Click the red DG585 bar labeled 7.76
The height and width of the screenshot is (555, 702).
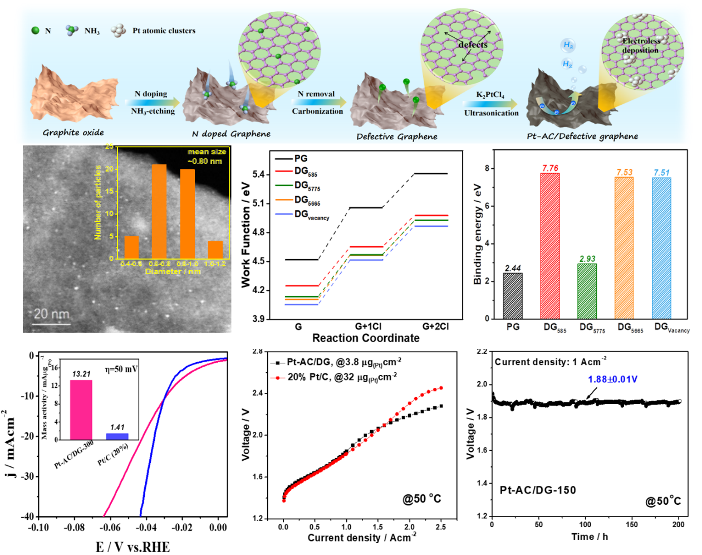tap(550, 245)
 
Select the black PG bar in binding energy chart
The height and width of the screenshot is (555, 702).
tap(513, 295)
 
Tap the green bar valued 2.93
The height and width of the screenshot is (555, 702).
tap(587, 291)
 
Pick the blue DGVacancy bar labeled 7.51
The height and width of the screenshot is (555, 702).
tap(661, 248)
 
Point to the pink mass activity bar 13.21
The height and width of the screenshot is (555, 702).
tap(81, 410)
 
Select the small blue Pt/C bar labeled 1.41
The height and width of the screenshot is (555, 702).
tap(117, 436)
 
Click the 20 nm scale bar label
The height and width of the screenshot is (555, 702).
tap(52, 314)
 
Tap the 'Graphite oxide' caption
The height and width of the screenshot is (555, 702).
tap(73, 133)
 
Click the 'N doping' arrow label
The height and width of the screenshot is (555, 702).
tap(150, 94)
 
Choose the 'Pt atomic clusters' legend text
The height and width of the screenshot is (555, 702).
tap(164, 31)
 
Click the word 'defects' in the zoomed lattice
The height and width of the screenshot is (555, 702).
tap(473, 45)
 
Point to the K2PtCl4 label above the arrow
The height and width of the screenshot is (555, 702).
tap(490, 95)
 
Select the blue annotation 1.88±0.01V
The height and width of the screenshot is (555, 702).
tap(612, 379)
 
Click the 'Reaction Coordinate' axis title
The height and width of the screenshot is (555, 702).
tap(366, 338)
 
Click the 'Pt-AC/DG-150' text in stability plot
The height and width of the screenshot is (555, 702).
tap(537, 490)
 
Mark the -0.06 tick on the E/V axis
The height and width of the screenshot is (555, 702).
tap(110, 528)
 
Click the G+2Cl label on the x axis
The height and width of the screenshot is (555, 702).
tap(435, 327)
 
